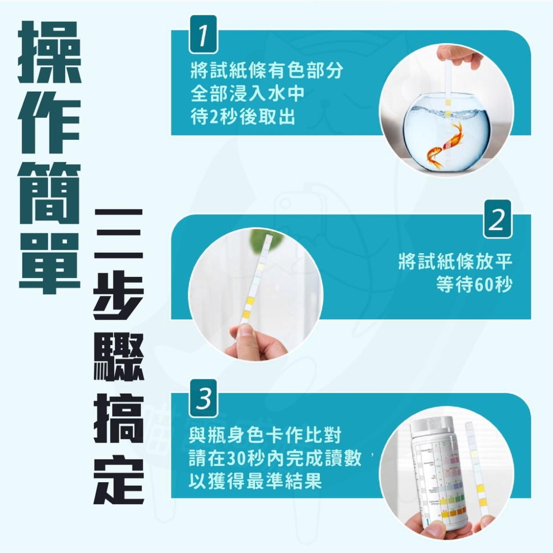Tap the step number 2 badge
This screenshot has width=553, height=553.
click(497, 220)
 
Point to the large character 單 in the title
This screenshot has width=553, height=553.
click(50, 260)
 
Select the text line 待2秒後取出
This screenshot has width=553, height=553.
click(242, 117)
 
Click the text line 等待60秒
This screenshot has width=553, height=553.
click(474, 285)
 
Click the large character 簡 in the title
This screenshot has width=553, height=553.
click(50, 191)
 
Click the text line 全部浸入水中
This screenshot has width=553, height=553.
click(248, 94)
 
